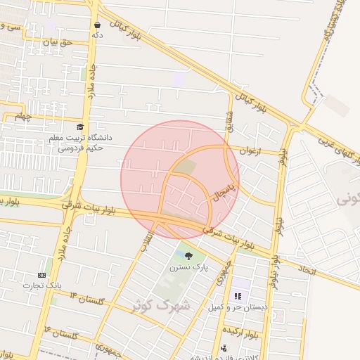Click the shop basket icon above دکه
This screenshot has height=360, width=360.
(96, 24)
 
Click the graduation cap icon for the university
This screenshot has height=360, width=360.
(79, 127)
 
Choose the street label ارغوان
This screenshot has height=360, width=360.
(250, 150)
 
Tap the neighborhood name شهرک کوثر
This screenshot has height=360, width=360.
(160, 305)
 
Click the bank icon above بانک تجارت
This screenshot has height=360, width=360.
(42, 275)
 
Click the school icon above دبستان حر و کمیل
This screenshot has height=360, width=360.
(238, 296)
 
